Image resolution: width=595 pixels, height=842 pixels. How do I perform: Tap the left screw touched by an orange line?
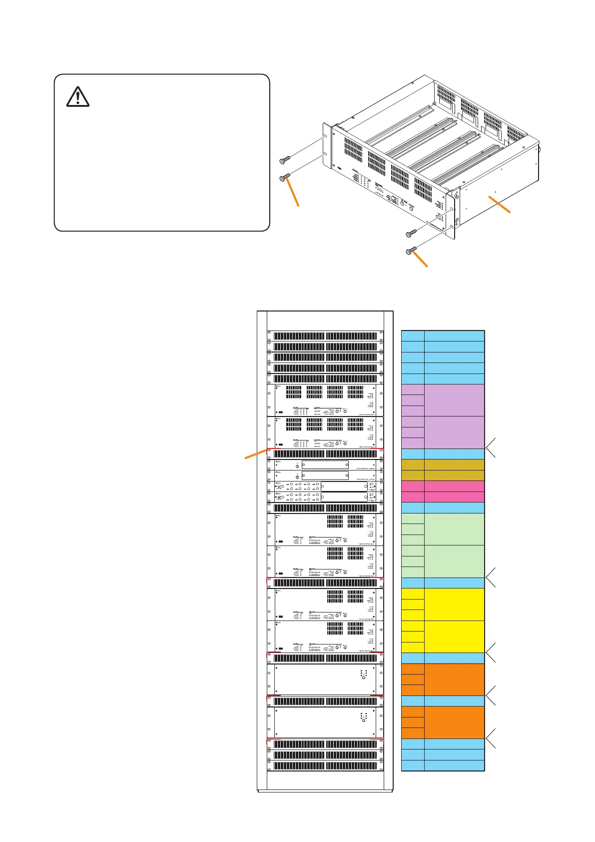tap(285, 177)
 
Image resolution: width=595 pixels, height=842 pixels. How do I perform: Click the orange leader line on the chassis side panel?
tap(500, 205)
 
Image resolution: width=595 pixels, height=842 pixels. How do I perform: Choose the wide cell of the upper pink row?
tap(454, 486)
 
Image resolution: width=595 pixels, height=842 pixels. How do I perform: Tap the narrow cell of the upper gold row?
tap(413, 464)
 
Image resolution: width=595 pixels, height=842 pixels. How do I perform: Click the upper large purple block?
tap(454, 400)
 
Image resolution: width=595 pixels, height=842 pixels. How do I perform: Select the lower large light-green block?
tap(454, 561)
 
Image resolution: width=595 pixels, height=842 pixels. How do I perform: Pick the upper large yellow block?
tap(454, 604)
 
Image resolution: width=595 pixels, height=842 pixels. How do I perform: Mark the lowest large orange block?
tap(454, 722)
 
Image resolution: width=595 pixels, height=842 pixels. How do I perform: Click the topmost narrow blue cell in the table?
tap(413, 335)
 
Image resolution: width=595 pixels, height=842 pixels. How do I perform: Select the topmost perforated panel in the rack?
tap(325, 336)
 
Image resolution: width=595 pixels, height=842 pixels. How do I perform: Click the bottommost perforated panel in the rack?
tap(325, 765)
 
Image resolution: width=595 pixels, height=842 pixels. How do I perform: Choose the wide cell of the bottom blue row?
tap(454, 765)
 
